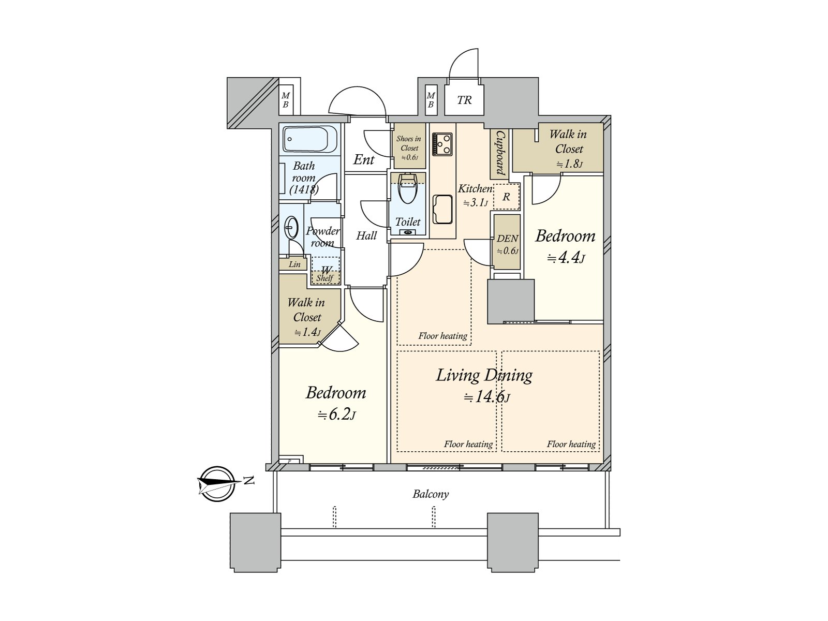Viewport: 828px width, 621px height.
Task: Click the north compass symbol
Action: [x=216, y=484]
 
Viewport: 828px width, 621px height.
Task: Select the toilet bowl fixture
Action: [x=407, y=188]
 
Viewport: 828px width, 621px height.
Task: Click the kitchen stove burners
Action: [x=442, y=144]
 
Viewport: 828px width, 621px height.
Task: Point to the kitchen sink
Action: [x=442, y=209]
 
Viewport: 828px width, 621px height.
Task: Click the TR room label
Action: [x=464, y=100]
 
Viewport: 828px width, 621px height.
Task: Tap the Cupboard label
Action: [x=500, y=154]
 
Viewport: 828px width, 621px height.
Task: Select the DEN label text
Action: [x=507, y=238]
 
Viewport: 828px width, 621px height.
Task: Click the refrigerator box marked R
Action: [x=506, y=197]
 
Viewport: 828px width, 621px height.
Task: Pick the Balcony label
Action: [x=431, y=494]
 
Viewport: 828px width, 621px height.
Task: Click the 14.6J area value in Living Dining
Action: [x=487, y=397]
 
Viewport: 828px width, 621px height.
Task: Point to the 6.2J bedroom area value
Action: [x=336, y=415]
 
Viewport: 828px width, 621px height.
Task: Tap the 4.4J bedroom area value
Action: [x=566, y=258]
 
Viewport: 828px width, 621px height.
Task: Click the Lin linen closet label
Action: [x=294, y=264]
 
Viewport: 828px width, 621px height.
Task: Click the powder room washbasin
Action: [x=290, y=228]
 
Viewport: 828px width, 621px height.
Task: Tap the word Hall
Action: [x=366, y=235]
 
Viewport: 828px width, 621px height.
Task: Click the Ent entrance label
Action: [x=364, y=159]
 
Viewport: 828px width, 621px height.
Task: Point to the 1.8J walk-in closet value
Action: [x=570, y=164]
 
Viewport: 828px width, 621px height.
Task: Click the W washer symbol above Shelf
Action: [x=326, y=270]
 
